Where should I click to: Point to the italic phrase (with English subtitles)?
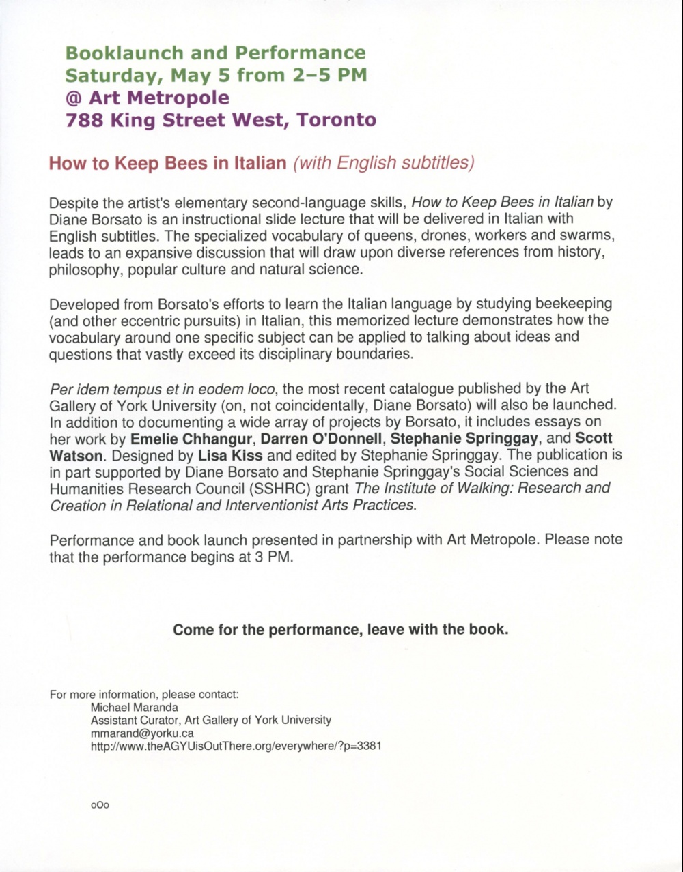(382, 163)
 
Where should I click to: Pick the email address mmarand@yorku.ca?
(143, 733)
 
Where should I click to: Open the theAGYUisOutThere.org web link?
(236, 746)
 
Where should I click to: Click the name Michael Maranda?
(135, 707)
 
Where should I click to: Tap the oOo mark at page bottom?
(100, 805)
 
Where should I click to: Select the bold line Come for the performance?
(341, 629)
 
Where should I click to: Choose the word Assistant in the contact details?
(113, 720)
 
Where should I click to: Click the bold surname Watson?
(75, 454)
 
